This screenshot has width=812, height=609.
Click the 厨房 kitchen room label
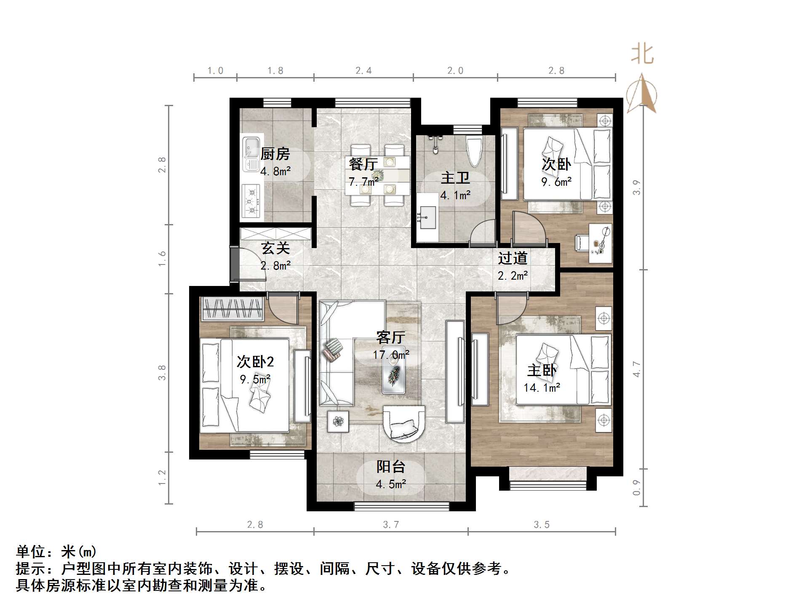tap(275, 154)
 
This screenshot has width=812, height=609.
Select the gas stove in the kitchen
tap(251, 201)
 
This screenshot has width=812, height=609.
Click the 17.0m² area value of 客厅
tap(391, 355)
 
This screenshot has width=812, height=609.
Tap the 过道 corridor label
tap(513, 258)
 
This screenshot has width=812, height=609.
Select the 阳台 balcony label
tap(391, 467)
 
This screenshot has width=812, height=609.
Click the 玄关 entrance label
tap(275, 248)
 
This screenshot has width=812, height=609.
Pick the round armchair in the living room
tap(404, 424)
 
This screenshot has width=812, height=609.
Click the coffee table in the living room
tap(394, 371)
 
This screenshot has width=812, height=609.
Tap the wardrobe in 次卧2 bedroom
tap(232, 308)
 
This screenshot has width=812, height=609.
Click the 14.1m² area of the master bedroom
tap(542, 387)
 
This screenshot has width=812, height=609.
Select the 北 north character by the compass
tap(642, 54)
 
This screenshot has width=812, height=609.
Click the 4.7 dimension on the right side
tap(637, 369)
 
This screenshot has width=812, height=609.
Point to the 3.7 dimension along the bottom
tap(391, 525)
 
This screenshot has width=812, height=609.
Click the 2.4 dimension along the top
tap(363, 71)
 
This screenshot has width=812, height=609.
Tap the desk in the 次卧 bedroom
tap(600, 243)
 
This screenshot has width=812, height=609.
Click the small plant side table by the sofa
tap(338, 421)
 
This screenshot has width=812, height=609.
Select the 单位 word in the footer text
tap(30, 552)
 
